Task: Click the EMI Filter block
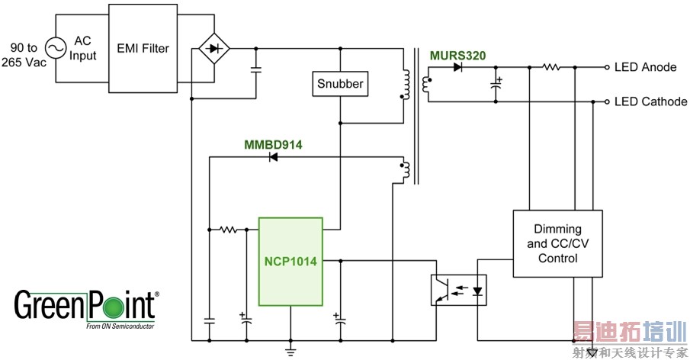tap(143, 49)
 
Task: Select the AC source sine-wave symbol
tap(56, 49)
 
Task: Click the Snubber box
tap(340, 84)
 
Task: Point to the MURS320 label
tap(457, 54)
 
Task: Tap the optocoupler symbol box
tap(459, 290)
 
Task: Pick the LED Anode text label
tap(645, 67)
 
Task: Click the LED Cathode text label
tap(650, 101)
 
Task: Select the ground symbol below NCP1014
tap(290, 350)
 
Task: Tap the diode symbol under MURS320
tap(457, 67)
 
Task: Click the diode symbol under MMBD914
tap(271, 158)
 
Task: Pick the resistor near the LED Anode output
tap(551, 67)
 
